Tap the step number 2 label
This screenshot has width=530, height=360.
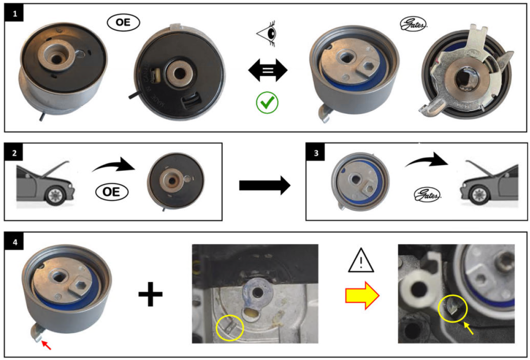pyautogui.click(x=15, y=153)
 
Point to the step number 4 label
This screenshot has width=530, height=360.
pyautogui.click(x=15, y=242)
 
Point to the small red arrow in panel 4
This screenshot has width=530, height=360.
pyautogui.click(x=48, y=344)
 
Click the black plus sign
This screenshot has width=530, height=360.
pyautogui.click(x=150, y=294)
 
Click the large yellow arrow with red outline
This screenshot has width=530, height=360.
pyautogui.click(x=362, y=296)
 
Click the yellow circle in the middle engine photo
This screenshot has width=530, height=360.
pyautogui.click(x=230, y=328)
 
